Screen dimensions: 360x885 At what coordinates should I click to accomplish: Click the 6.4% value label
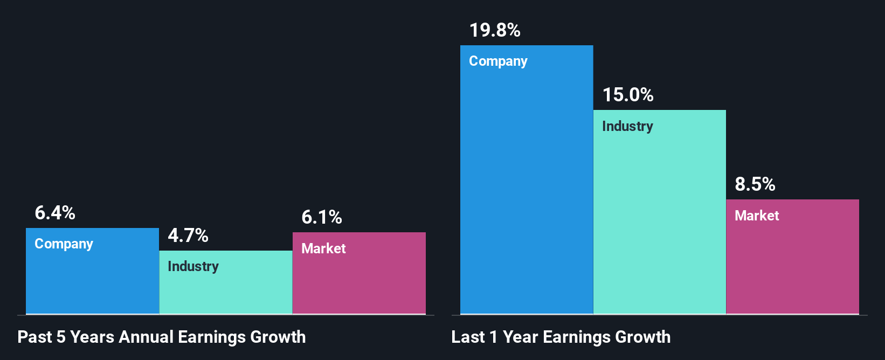coord(55,213)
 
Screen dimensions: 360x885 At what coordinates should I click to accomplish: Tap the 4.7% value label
coord(188,236)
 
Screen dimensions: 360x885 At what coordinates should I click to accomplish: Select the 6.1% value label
coord(322,217)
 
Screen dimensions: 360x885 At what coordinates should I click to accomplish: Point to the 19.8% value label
coord(495,30)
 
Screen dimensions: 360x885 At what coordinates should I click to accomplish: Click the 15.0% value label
coord(628,95)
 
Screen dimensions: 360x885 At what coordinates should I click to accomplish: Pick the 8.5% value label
coord(755,184)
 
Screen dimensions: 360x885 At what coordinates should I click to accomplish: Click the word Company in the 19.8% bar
coord(498,61)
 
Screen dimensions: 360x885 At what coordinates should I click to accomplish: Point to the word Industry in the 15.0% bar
coord(627,127)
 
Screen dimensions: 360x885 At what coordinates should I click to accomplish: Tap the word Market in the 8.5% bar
coord(757,216)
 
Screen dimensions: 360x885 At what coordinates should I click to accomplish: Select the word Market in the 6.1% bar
coord(323,248)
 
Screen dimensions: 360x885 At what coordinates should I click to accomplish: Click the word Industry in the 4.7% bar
coord(193,267)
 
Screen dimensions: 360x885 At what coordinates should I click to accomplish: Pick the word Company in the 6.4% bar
coord(64,244)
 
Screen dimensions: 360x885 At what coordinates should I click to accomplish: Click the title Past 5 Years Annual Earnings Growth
coord(162,337)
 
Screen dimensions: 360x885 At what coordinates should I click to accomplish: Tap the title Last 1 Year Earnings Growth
coord(561,337)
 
